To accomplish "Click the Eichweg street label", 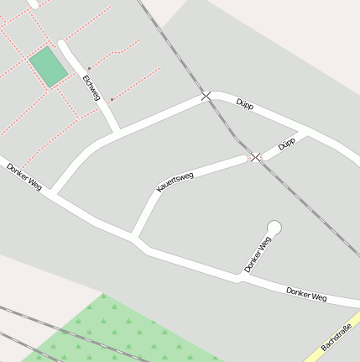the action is click(x=91, y=87).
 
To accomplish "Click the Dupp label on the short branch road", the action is click(x=286, y=144).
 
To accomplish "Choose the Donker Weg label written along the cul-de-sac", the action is click(x=258, y=254).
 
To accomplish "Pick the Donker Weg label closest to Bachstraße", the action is click(x=305, y=294).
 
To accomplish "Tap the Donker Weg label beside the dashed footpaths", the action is click(x=23, y=176).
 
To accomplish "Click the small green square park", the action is click(x=49, y=66).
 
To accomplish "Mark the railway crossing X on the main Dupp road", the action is click(x=206, y=97).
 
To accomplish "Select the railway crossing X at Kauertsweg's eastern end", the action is click(x=255, y=157).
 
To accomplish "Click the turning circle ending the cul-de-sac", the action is click(x=274, y=227).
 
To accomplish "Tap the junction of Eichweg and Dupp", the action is click(x=116, y=131).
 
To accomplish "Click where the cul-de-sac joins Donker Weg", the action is click(x=239, y=276).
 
